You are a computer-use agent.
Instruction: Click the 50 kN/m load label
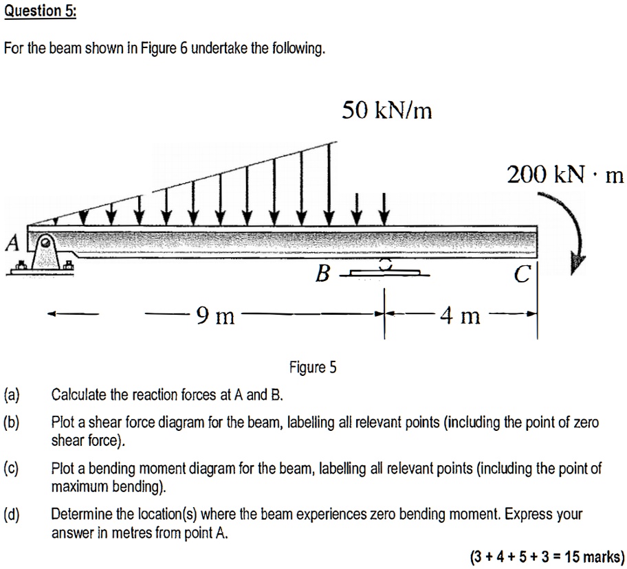click(x=387, y=110)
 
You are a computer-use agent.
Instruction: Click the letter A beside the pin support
click(x=12, y=243)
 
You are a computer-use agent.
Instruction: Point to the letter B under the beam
click(x=322, y=276)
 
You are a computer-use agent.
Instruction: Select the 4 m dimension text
click(x=460, y=316)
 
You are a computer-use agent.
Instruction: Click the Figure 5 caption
click(x=313, y=367)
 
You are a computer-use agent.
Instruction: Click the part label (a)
click(x=12, y=395)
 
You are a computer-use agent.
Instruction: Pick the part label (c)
click(x=12, y=469)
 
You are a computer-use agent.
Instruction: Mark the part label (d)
click(x=12, y=514)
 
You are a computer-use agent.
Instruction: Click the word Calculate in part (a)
click(x=78, y=395)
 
